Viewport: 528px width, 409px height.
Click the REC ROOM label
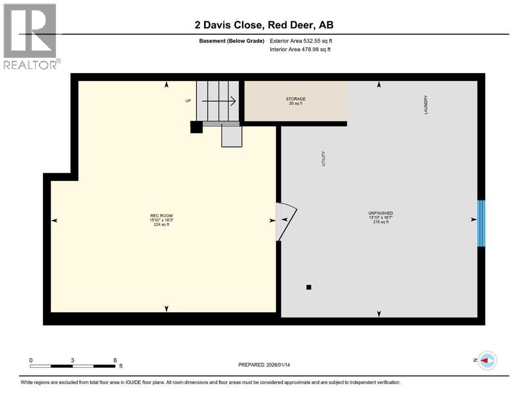(x=161, y=216)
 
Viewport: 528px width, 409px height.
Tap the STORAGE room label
(x=296, y=99)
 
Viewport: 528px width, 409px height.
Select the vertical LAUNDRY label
(x=426, y=104)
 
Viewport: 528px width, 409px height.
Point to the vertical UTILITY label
(x=323, y=159)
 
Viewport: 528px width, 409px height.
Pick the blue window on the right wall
(x=481, y=223)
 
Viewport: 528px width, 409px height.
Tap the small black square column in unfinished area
(x=308, y=288)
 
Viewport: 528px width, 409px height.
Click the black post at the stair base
(x=196, y=127)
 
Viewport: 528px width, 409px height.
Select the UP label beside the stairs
(x=188, y=101)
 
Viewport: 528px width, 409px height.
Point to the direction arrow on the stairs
(x=219, y=101)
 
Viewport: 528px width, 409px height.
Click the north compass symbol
(x=486, y=361)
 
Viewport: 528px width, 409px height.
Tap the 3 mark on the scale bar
(x=72, y=360)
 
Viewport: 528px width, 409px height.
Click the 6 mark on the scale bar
(x=115, y=360)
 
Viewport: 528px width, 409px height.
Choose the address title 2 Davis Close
(x=264, y=25)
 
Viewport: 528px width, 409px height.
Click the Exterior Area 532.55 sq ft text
(x=301, y=40)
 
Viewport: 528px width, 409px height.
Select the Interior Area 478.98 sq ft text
(x=300, y=50)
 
